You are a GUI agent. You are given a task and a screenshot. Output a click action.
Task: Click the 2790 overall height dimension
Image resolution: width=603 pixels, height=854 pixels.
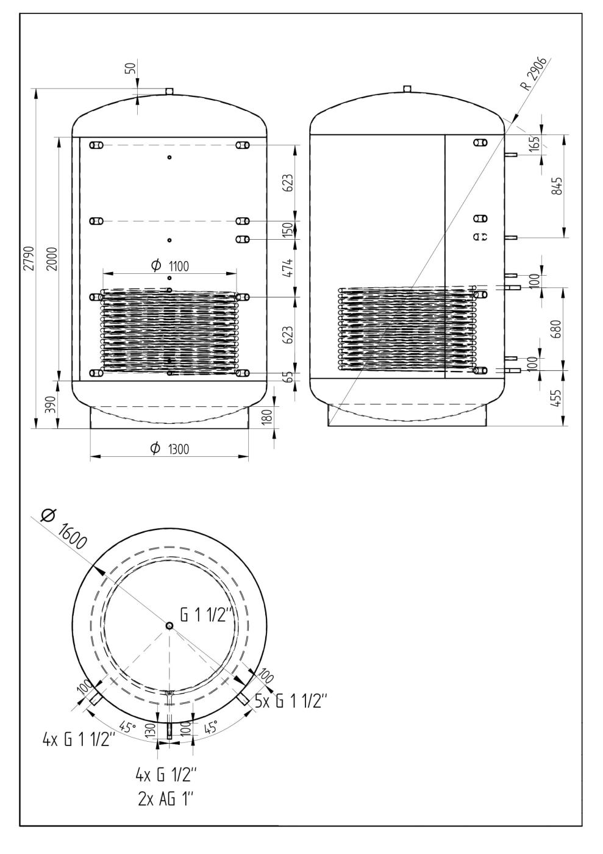pyautogui.click(x=30, y=258)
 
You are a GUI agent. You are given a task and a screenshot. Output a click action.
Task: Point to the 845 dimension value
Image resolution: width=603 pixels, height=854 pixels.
pyautogui.click(x=558, y=185)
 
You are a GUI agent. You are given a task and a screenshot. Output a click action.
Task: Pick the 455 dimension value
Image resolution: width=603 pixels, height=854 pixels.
pyautogui.click(x=558, y=398)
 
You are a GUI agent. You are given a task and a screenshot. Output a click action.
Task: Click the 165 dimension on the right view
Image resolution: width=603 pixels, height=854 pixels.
pyautogui.click(x=535, y=145)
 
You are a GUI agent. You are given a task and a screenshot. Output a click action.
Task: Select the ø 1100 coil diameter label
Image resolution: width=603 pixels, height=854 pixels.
pyautogui.click(x=169, y=266)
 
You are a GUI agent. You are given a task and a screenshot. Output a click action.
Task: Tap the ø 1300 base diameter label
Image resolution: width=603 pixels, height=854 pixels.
pyautogui.click(x=169, y=449)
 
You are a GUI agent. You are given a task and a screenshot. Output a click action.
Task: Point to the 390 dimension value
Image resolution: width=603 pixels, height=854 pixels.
pyautogui.click(x=52, y=404)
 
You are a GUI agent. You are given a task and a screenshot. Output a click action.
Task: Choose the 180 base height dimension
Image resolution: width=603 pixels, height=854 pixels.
pyautogui.click(x=268, y=417)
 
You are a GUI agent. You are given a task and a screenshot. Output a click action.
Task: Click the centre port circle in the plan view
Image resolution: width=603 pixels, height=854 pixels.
pyautogui.click(x=169, y=626)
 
